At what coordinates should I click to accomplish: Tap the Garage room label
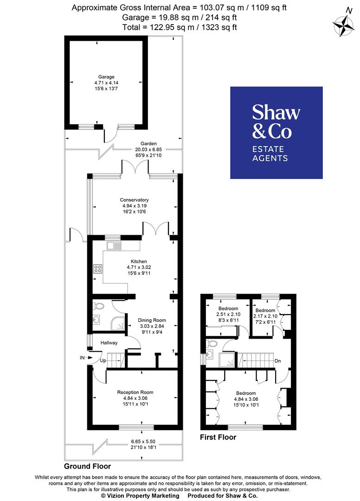click(x=106, y=77)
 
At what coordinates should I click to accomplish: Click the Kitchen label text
click(x=139, y=262)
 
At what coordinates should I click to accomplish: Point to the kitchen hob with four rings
click(x=98, y=269)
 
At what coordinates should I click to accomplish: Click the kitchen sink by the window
click(x=113, y=245)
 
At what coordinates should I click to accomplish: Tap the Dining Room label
click(x=152, y=320)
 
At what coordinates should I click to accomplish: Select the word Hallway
click(x=109, y=343)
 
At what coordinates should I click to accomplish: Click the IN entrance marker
click(x=82, y=358)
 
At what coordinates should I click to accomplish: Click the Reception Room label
click(x=135, y=392)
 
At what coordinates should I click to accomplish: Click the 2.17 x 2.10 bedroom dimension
click(x=265, y=316)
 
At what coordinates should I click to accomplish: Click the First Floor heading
click(x=218, y=437)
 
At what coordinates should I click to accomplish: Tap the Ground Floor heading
click(x=87, y=466)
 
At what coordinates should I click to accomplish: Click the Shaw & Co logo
click(x=276, y=133)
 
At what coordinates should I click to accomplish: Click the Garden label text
click(x=146, y=144)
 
